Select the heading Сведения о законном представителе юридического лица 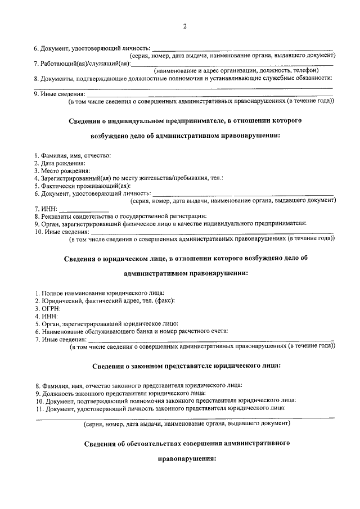tap(186, 366)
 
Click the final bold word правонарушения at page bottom tap(186, 458)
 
